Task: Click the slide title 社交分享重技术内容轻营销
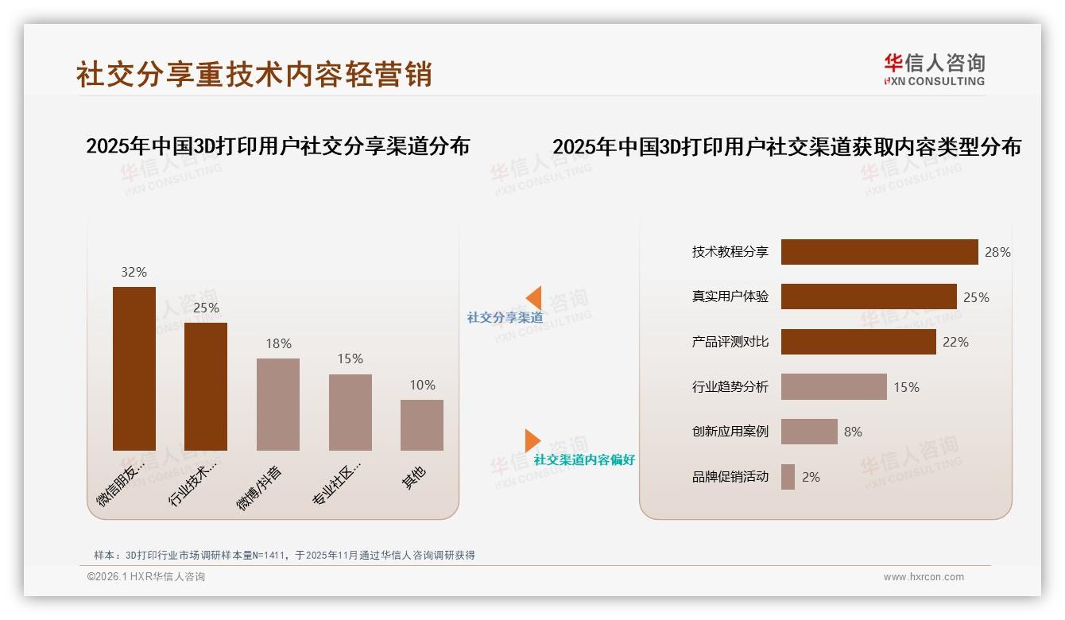pyautogui.click(x=254, y=74)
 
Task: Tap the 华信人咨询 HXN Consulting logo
pyautogui.click(x=934, y=70)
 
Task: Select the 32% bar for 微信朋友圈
pyautogui.click(x=134, y=369)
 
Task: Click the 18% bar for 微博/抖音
pyautogui.click(x=278, y=405)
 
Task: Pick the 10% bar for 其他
pyautogui.click(x=422, y=425)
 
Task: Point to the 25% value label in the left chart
pyautogui.click(x=206, y=308)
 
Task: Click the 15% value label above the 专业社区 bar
pyautogui.click(x=350, y=359)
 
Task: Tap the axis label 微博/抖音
pyautogui.click(x=259, y=488)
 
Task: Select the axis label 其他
pyautogui.click(x=413, y=478)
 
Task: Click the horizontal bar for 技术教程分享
pyautogui.click(x=879, y=252)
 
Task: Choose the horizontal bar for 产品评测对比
pyautogui.click(x=858, y=342)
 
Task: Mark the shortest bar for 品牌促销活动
pyautogui.click(x=788, y=477)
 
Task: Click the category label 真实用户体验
pyautogui.click(x=730, y=296)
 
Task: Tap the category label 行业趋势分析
pyautogui.click(x=730, y=387)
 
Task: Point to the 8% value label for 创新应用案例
pyautogui.click(x=853, y=432)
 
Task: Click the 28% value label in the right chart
pyautogui.click(x=997, y=252)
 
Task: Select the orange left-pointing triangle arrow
pyautogui.click(x=533, y=298)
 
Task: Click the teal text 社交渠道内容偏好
pyautogui.click(x=584, y=460)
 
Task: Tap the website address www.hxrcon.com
pyautogui.click(x=924, y=577)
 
